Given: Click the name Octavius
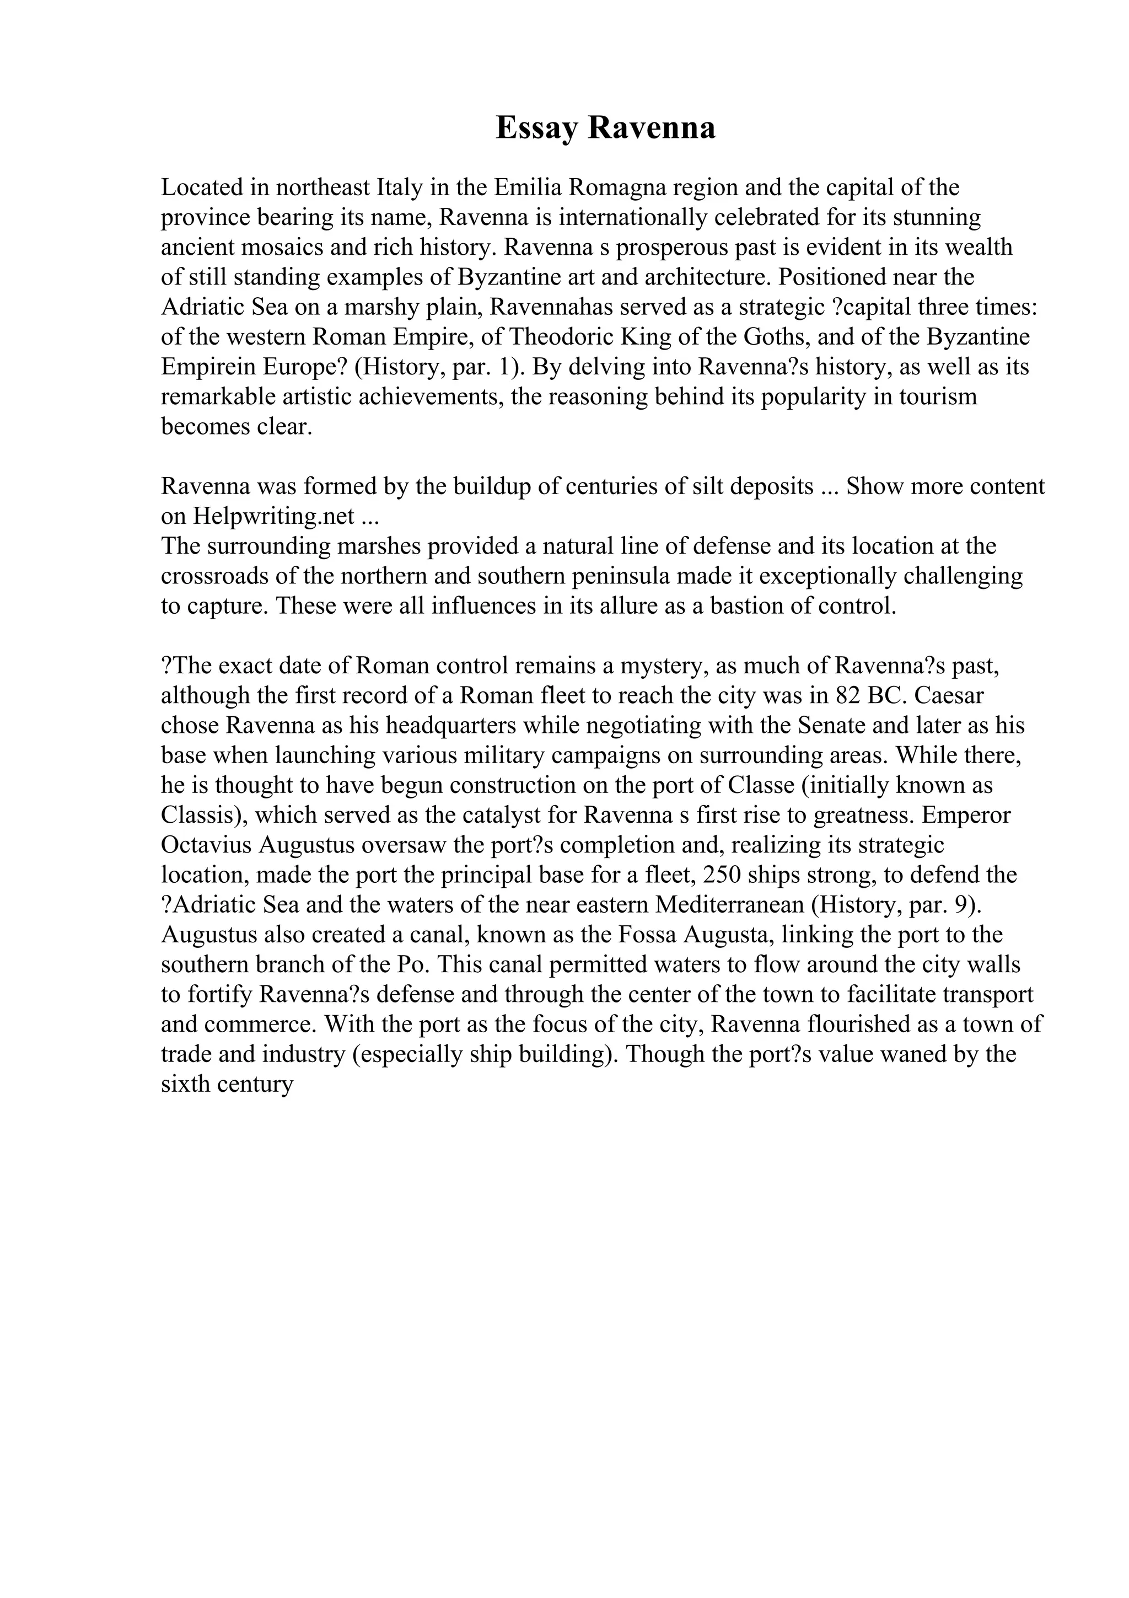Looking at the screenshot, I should pos(207,845).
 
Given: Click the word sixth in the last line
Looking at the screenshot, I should pos(186,1084).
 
